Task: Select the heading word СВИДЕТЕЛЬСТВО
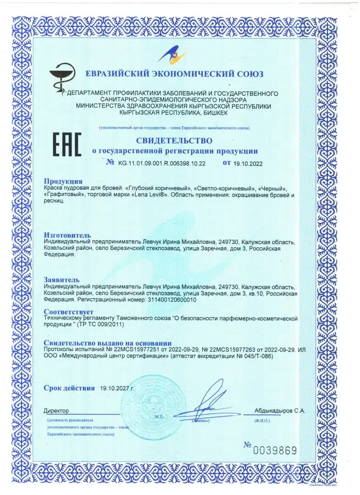point(174,140)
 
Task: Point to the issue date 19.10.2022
point(248,163)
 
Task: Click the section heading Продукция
point(63,181)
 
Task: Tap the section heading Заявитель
point(61,279)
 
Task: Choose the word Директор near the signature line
point(56,411)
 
